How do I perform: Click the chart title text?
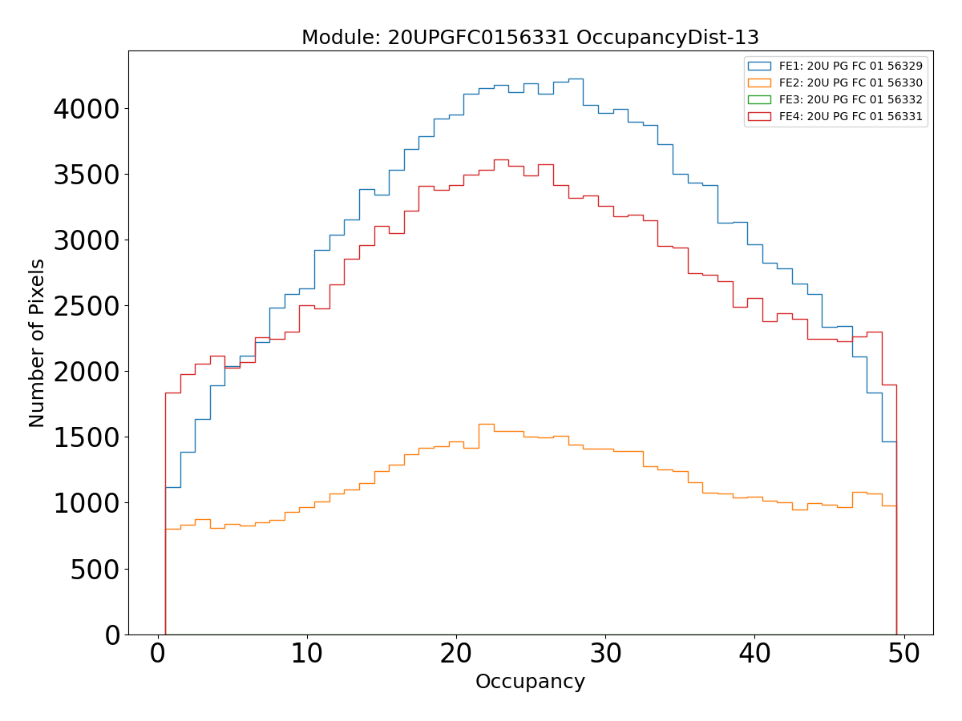530,38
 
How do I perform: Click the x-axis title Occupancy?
530,682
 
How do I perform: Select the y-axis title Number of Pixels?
37,343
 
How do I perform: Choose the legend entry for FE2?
851,83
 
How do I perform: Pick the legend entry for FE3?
851,99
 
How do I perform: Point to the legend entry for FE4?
851,116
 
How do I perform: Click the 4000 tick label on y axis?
87,109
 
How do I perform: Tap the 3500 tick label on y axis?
87,175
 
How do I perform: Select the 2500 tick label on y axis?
87,306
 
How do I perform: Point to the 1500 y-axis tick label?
87,437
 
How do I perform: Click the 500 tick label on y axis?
98,569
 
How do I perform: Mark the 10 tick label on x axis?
307,654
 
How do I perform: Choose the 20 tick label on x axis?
456,654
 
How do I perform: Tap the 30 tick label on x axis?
605,654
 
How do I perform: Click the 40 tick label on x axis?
754,654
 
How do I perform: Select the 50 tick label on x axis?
903,654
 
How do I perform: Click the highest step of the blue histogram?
576,79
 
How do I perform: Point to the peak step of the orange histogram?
486,424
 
